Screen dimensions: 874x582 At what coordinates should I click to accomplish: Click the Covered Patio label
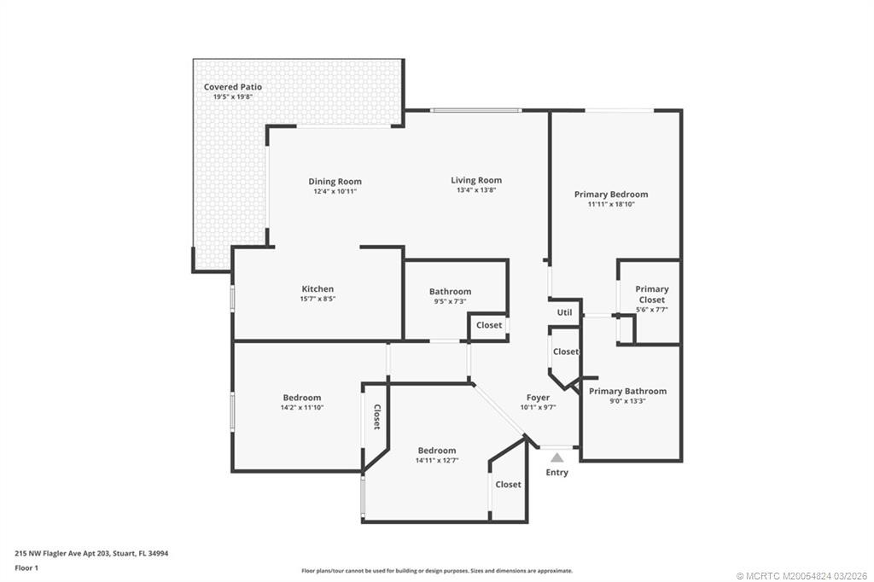[x=232, y=87]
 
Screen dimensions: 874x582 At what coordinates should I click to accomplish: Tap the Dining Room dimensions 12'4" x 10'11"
[x=335, y=191]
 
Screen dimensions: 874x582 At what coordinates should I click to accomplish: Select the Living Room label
[x=476, y=180]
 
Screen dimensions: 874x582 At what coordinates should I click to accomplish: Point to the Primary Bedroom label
[x=611, y=195]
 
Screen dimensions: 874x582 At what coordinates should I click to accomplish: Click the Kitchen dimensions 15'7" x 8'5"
[x=318, y=299]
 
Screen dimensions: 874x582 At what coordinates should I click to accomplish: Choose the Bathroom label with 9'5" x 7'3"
[x=450, y=292]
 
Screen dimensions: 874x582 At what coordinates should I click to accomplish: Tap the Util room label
[x=564, y=312]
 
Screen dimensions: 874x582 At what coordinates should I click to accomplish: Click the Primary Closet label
[x=651, y=294]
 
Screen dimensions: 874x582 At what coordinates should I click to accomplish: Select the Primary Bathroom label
[x=627, y=392]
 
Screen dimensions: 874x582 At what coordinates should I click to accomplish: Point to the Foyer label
[x=538, y=398]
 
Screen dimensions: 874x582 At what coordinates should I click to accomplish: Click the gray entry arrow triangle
[x=556, y=457]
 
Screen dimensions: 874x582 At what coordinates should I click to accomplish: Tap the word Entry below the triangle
[x=556, y=472]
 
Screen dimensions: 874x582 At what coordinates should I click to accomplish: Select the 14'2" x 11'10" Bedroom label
[x=301, y=398]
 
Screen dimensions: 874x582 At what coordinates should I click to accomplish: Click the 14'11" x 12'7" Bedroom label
[x=437, y=451]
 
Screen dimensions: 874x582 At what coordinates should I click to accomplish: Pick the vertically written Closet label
[x=376, y=417]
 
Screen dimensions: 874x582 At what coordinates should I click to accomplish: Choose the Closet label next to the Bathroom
[x=489, y=325]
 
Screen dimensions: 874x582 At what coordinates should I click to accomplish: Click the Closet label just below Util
[x=566, y=352]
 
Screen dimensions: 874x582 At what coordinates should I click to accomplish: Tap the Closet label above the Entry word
[x=508, y=485]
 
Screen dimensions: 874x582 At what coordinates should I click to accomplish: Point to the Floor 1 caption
[x=26, y=568]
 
